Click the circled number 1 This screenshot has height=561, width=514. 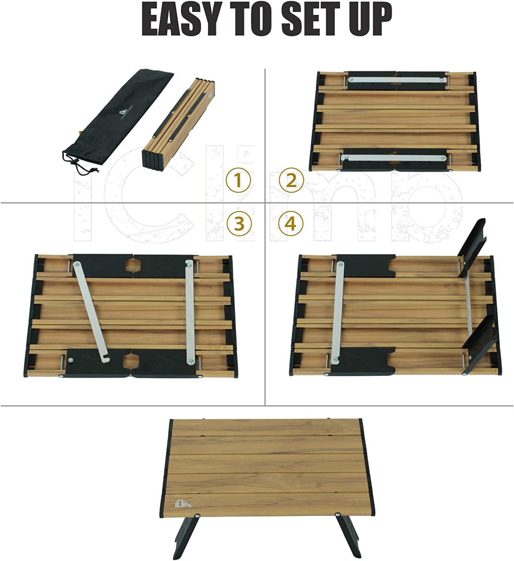(238, 181)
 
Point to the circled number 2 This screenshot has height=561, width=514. (291, 181)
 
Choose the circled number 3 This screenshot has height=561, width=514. (239, 224)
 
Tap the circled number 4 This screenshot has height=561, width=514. (291, 224)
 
